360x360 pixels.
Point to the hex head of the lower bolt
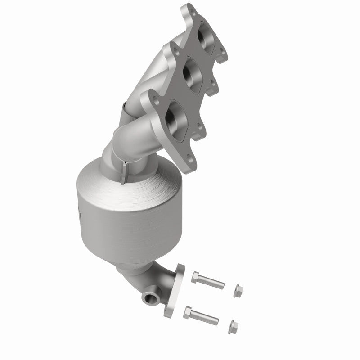pyautogui.click(x=188, y=312)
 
